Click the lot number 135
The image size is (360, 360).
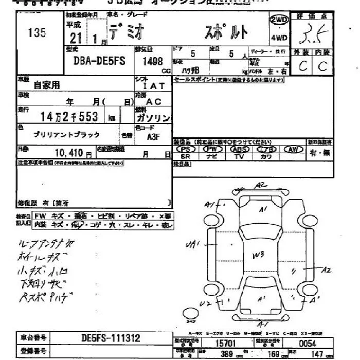[x=37, y=33]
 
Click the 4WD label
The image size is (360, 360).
[x=278, y=38]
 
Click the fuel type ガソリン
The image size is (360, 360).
[x=153, y=118]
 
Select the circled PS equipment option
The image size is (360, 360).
[x=186, y=149]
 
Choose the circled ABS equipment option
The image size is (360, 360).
[x=239, y=149]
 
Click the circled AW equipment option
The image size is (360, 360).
[x=293, y=149]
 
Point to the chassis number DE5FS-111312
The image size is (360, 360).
[x=110, y=338]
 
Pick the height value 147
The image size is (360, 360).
[x=319, y=354]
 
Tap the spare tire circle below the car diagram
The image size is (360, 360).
[x=191, y=314]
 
